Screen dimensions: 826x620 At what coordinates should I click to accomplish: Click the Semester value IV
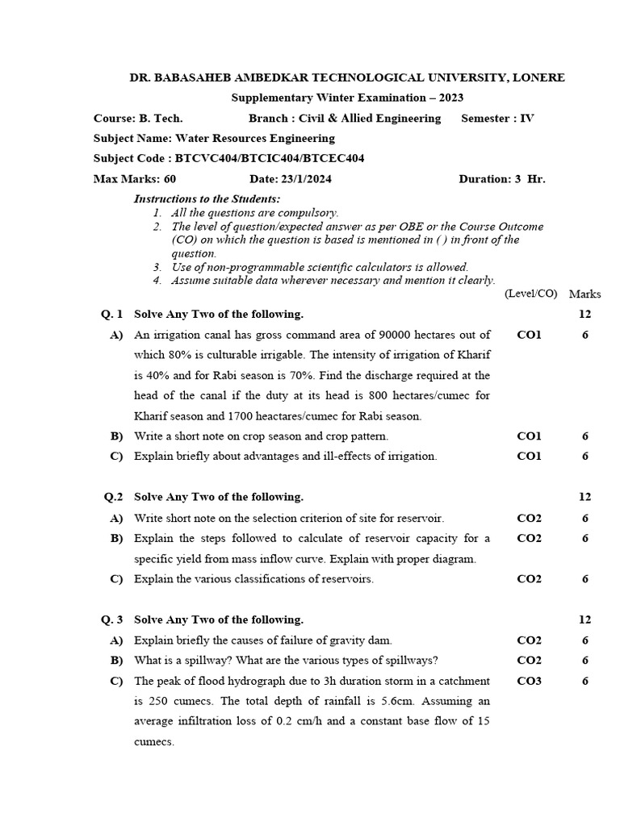click(x=526, y=119)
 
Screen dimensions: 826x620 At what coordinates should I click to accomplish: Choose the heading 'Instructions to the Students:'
click(x=207, y=199)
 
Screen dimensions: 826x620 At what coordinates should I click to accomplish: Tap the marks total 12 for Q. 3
click(x=584, y=620)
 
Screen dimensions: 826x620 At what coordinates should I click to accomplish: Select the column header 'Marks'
click(x=584, y=294)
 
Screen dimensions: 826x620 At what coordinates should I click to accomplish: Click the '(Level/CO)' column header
click(x=530, y=294)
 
